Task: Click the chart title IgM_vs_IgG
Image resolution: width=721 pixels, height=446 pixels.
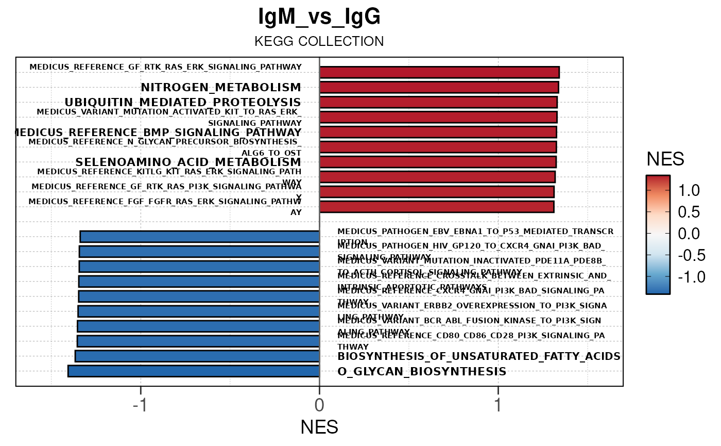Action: tap(319, 18)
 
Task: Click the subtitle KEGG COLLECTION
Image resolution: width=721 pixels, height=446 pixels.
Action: tap(319, 42)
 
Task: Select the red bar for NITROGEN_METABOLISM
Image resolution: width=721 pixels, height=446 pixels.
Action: tap(439, 87)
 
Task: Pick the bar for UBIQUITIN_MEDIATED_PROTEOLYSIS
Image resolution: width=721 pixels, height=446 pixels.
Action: tap(438, 102)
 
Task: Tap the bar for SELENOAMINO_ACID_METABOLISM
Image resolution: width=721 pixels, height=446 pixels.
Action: tap(438, 162)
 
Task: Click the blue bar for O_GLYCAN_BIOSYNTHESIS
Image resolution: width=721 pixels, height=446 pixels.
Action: tap(194, 371)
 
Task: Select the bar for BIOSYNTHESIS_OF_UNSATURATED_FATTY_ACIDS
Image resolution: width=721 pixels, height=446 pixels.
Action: tap(197, 356)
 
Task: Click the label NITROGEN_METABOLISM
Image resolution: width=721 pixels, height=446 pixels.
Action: tap(221, 87)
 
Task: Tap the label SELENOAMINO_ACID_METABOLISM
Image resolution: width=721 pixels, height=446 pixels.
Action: tap(188, 162)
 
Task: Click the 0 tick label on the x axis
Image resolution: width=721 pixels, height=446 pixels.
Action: tap(319, 405)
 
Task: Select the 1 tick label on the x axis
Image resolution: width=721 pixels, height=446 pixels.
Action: tap(498, 405)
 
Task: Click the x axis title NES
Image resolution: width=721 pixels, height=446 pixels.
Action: tap(319, 427)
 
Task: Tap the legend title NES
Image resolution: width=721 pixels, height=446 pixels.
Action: tap(665, 160)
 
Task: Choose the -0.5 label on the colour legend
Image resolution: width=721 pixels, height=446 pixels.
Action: tap(685, 256)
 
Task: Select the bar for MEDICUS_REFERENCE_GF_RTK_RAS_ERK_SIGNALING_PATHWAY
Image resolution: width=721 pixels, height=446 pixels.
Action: tap(439, 72)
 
